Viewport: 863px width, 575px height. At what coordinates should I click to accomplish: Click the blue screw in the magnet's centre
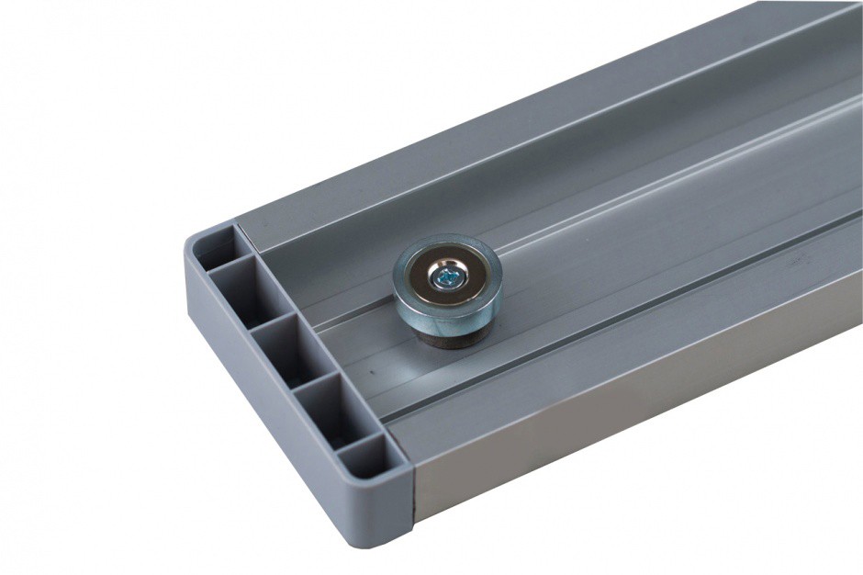coord(447,275)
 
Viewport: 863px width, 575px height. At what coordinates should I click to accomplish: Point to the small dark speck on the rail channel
coord(368,374)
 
